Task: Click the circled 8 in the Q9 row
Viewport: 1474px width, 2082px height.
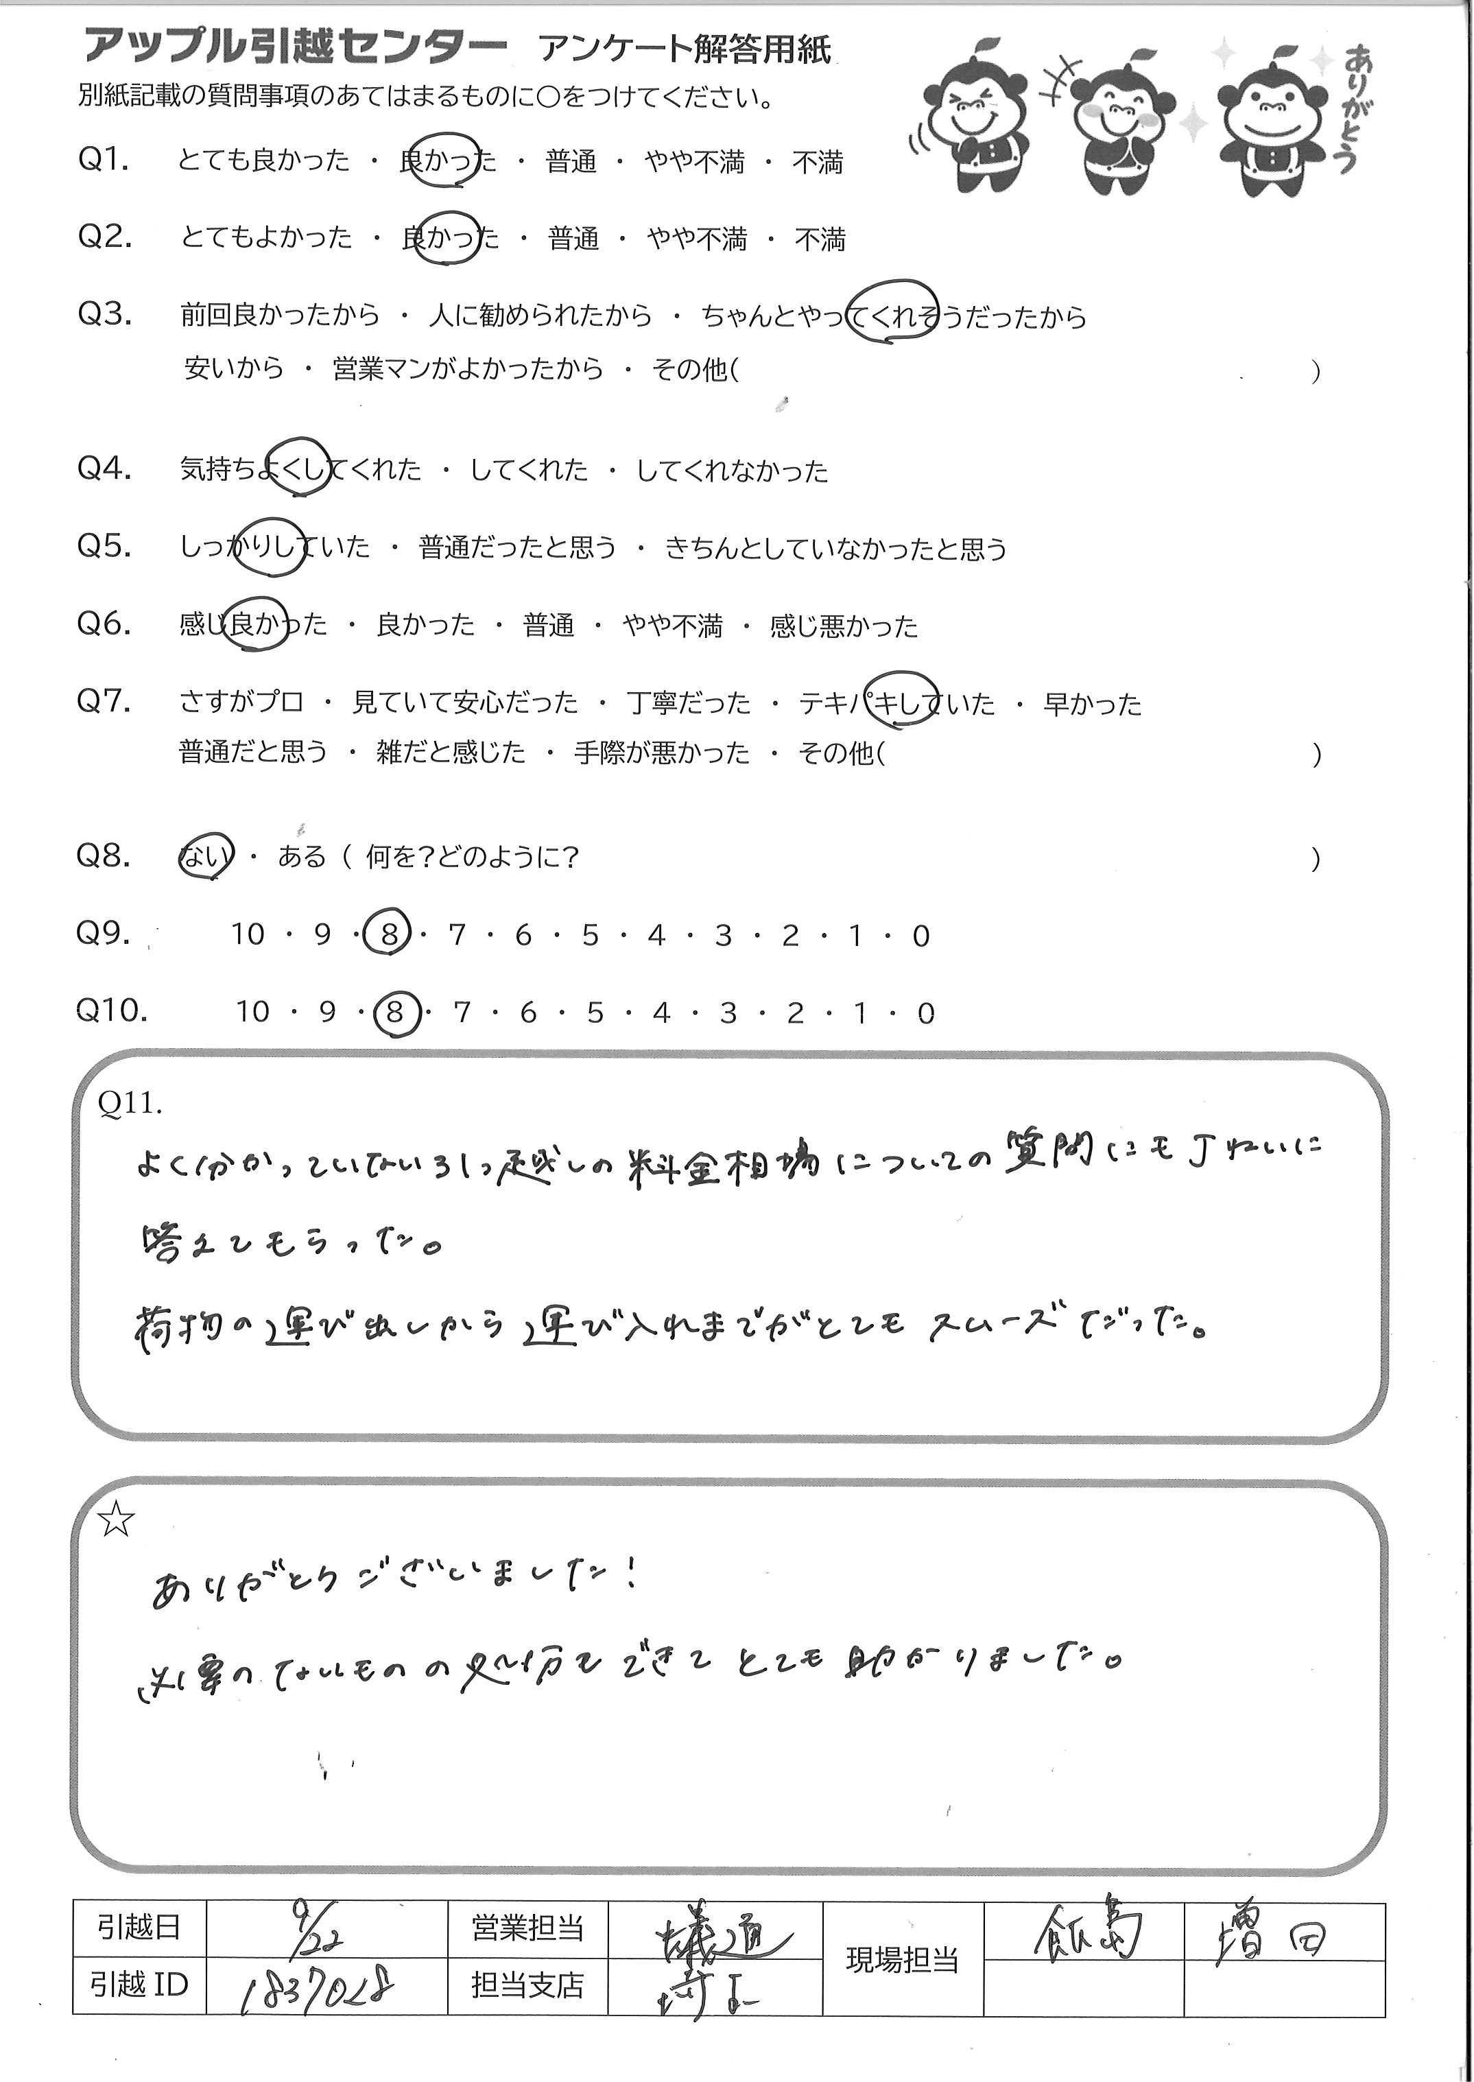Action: (x=388, y=935)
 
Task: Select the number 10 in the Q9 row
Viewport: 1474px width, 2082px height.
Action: (x=247, y=935)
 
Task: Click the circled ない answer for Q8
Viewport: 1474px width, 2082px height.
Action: (x=204, y=856)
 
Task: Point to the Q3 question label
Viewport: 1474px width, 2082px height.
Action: (x=104, y=314)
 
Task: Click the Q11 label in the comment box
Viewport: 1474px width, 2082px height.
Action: (x=130, y=1102)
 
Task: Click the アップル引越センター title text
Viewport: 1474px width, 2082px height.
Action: (x=295, y=45)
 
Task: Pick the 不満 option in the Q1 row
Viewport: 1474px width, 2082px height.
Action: (x=818, y=163)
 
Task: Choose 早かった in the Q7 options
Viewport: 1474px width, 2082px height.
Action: (x=1092, y=703)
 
